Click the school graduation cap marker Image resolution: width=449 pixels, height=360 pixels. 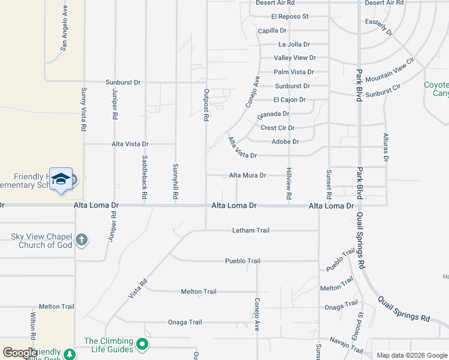61,179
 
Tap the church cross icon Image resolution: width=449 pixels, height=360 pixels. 82,241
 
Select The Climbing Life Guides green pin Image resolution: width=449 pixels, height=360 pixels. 142,344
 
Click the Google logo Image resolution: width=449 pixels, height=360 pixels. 20,353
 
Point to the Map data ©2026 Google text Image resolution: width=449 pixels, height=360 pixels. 411,355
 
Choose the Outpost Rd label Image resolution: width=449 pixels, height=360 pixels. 206,106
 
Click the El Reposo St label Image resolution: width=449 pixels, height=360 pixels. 289,17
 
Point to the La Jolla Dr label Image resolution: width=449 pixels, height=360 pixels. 294,44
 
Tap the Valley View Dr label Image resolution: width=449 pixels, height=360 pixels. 295,58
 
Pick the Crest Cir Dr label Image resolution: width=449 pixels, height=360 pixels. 278,128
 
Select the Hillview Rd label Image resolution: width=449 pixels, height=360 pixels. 289,184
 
